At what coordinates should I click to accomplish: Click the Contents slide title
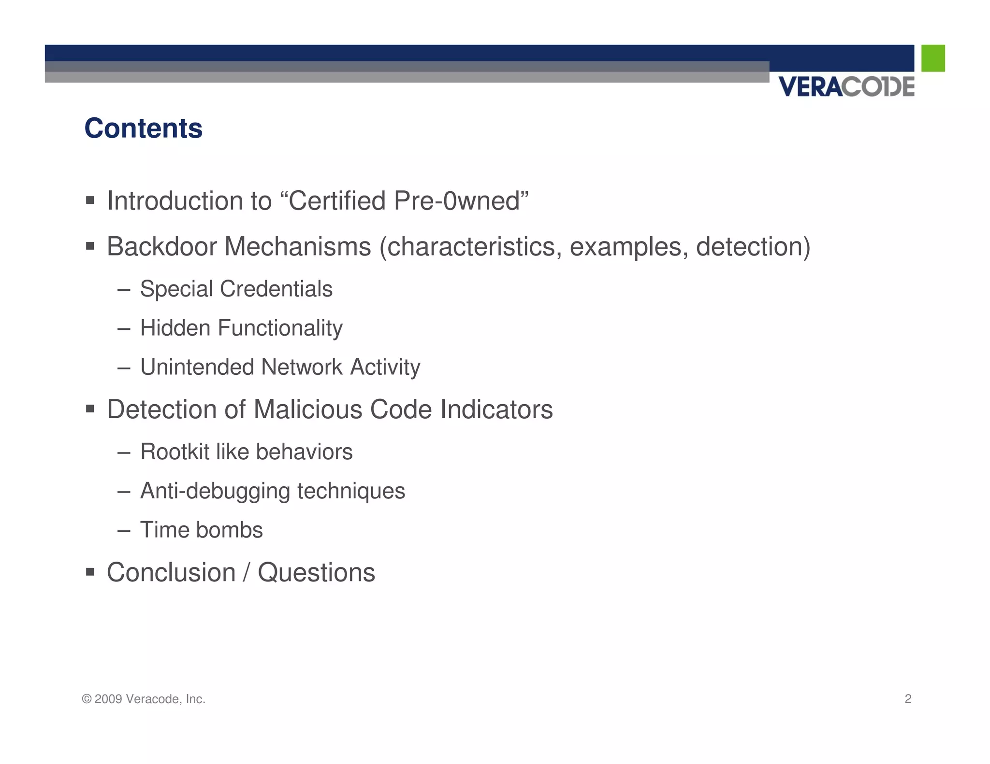[143, 128]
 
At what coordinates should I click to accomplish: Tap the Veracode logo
[846, 87]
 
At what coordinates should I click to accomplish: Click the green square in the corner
[932, 58]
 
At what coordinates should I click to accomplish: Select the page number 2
[907, 699]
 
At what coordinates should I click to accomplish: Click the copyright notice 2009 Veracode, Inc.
[144, 699]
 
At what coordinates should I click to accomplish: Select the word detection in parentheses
[752, 247]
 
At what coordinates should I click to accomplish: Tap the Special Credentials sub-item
[236, 289]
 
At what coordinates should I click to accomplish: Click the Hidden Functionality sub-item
[241, 328]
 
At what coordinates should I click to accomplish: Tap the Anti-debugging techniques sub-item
[272, 491]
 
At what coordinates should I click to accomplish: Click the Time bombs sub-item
[201, 530]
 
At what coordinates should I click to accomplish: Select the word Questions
[316, 573]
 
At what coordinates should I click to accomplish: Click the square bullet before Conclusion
[90, 572]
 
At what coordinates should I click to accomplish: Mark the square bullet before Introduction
[90, 200]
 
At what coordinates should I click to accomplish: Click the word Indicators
[496, 410]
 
